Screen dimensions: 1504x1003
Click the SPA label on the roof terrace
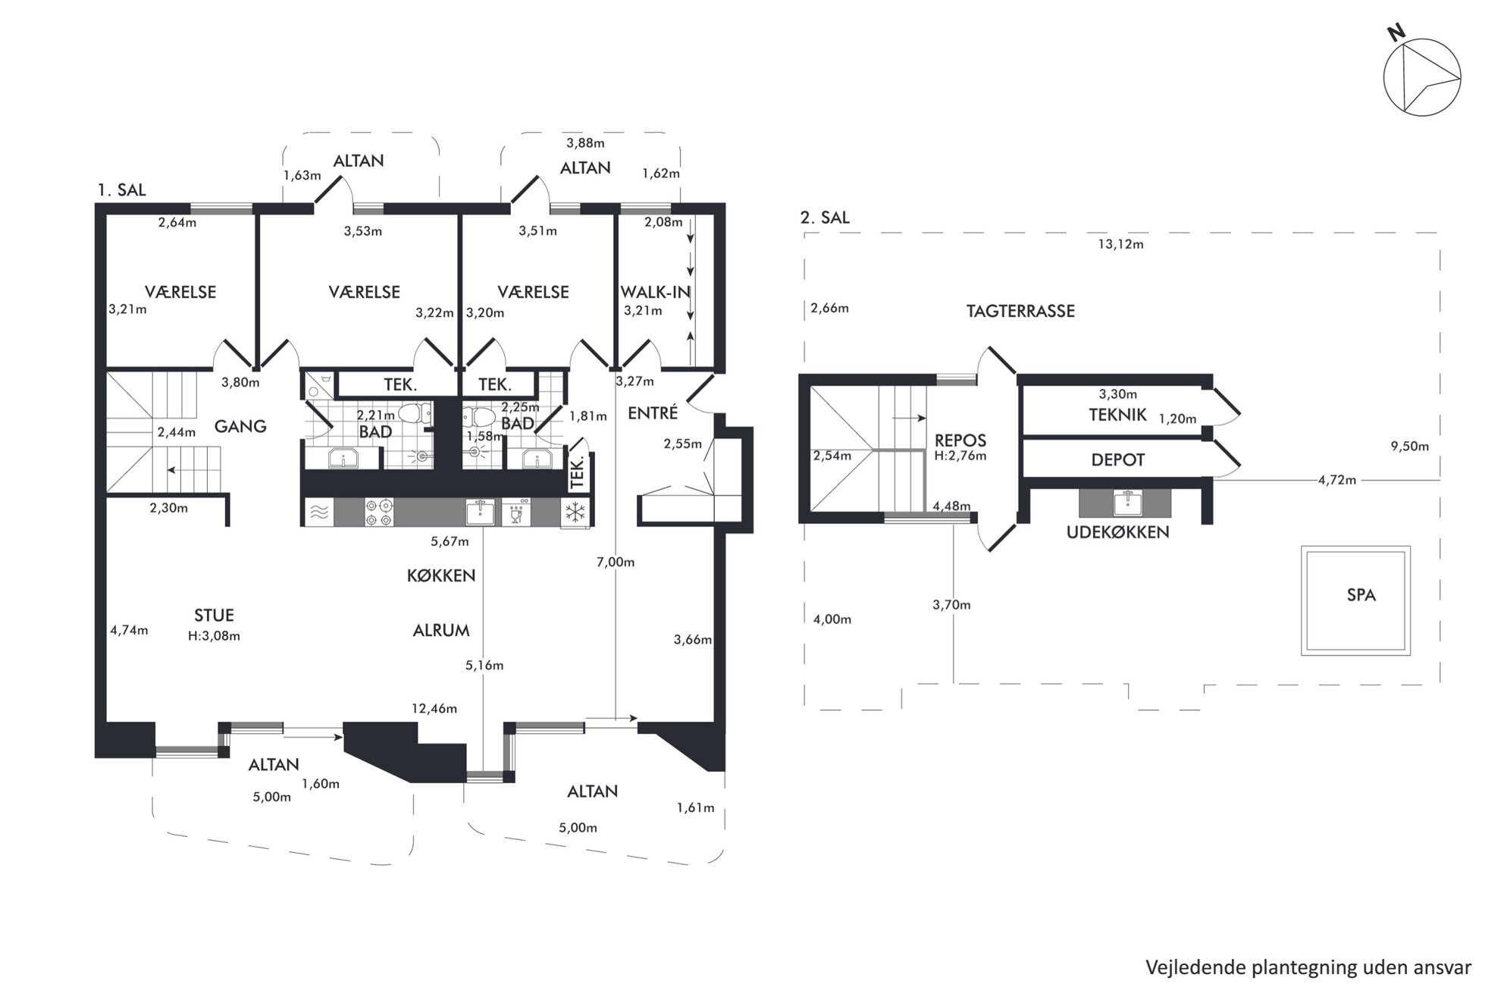coord(1361,595)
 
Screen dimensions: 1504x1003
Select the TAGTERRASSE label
coord(1020,311)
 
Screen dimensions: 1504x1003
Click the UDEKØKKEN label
coord(1117,532)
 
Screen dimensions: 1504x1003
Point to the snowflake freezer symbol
coord(576,512)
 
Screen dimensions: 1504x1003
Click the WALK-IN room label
coord(655,292)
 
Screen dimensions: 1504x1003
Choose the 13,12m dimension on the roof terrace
coord(1120,244)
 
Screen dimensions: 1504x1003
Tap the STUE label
coord(214,616)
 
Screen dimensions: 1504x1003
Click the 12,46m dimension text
coord(434,709)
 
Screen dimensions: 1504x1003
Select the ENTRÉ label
coord(653,412)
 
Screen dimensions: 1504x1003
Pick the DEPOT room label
coord(1117,460)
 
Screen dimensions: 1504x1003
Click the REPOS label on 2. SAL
coord(960,440)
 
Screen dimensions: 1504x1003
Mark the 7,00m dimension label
coord(616,562)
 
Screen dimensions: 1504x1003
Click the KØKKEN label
coord(441,575)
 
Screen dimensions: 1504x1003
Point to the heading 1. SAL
coord(121,190)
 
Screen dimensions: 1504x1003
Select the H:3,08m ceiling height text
coord(214,636)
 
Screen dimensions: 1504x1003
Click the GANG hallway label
coord(240,426)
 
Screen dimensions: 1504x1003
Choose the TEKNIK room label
coord(1117,415)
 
